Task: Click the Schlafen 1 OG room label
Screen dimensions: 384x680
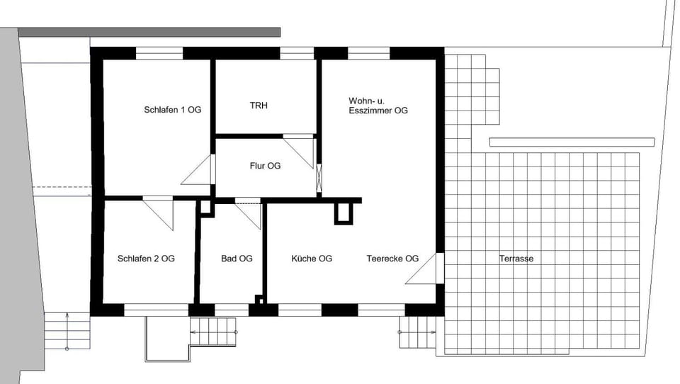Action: (x=172, y=110)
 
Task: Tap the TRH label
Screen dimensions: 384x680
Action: (x=259, y=106)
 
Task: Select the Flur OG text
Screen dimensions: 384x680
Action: (x=265, y=166)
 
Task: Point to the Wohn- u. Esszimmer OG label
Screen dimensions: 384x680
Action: (x=378, y=106)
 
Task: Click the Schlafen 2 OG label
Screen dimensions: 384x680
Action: (x=146, y=259)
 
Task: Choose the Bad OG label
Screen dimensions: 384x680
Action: (x=237, y=259)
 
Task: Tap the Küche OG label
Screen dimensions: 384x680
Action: (x=312, y=259)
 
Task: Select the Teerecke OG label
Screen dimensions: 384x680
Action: (x=392, y=259)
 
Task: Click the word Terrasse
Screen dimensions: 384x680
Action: (x=516, y=259)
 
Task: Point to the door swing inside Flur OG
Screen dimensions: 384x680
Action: (x=301, y=151)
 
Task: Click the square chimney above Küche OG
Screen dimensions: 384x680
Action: (x=344, y=213)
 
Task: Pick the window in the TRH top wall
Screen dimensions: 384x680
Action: (x=297, y=53)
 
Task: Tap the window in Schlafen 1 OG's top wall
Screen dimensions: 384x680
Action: (x=159, y=53)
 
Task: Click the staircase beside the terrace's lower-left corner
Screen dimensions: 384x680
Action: (x=418, y=332)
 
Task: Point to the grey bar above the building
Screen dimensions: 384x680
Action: (x=149, y=32)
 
